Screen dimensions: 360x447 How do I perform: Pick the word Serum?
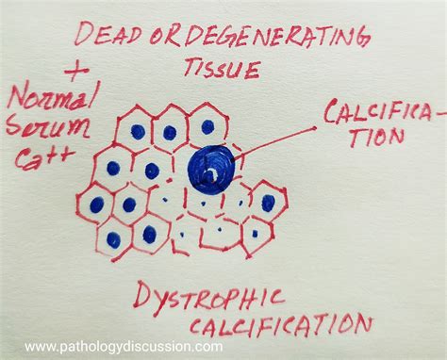pos(46,128)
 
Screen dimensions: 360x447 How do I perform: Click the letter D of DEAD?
pos(82,34)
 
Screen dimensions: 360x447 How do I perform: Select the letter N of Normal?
pos(16,97)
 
